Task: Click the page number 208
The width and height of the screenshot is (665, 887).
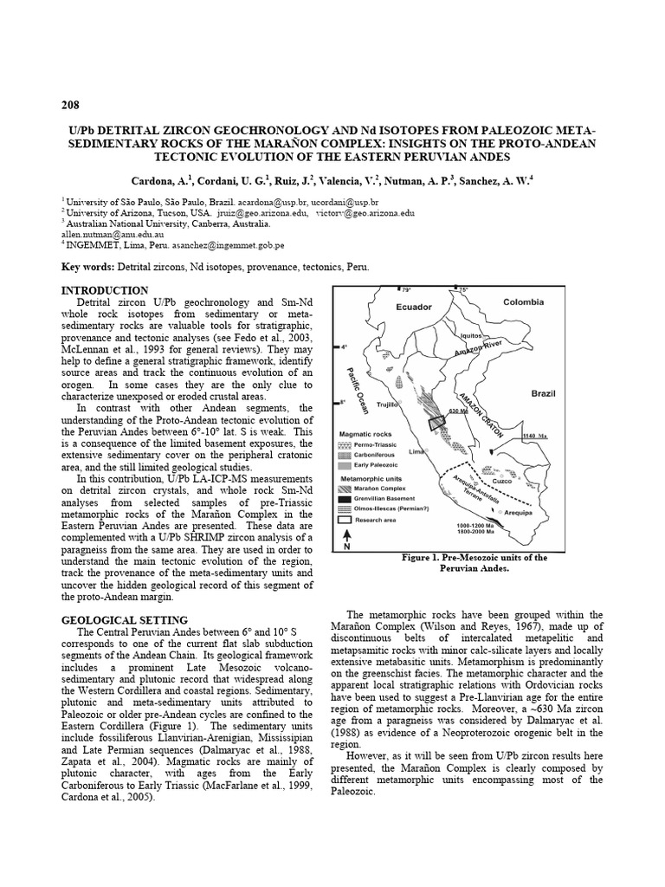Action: [x=69, y=106]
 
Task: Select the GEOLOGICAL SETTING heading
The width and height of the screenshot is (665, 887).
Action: [x=125, y=620]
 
